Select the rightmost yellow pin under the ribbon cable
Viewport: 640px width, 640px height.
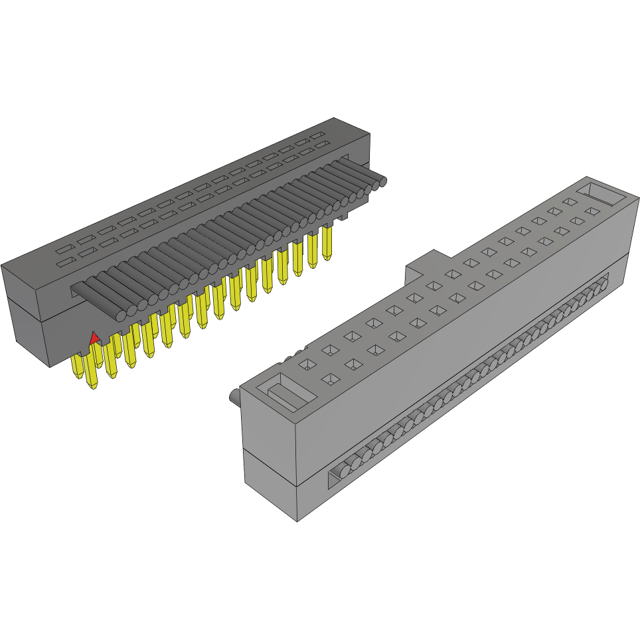[x=327, y=243]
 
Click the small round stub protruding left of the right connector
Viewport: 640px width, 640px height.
[x=234, y=397]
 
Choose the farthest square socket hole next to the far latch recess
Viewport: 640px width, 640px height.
[x=570, y=201]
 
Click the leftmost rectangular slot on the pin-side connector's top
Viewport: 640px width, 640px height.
[x=64, y=264]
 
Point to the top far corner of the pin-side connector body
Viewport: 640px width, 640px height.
[x=334, y=118]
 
